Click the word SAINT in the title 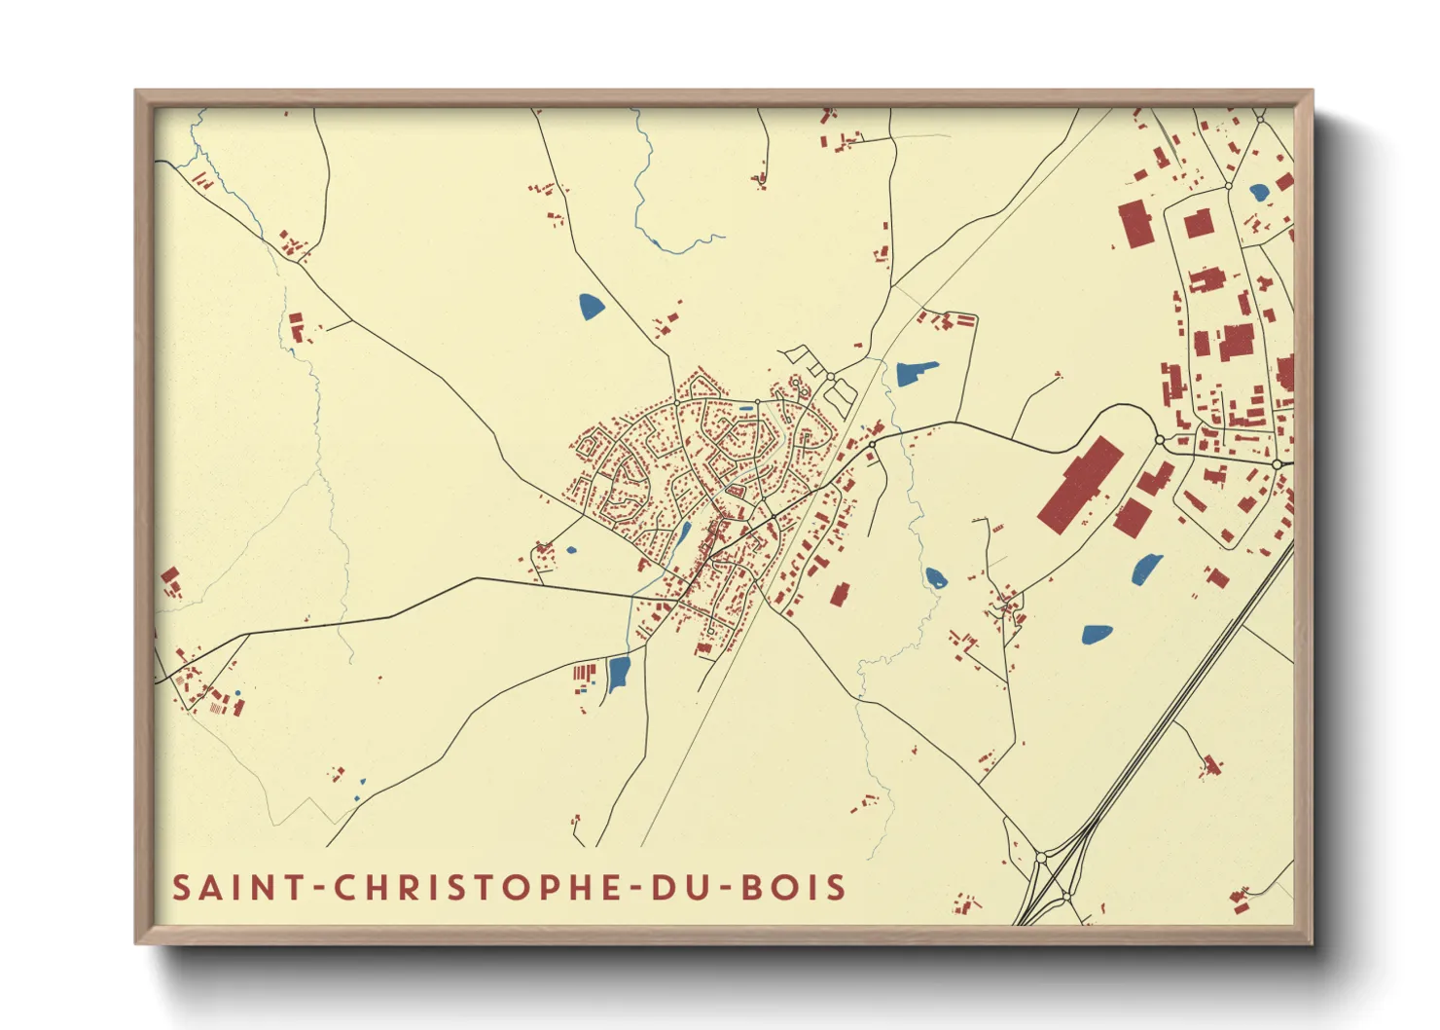pyautogui.click(x=230, y=888)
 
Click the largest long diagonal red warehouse pyautogui.click(x=1080, y=484)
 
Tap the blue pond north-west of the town pyautogui.click(x=591, y=308)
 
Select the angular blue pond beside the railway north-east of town pyautogui.click(x=915, y=372)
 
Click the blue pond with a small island pyautogui.click(x=936, y=578)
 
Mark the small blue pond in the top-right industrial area pyautogui.click(x=1259, y=192)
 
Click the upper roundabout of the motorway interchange pyautogui.click(x=1041, y=858)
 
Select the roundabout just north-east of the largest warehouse pyautogui.click(x=1159, y=440)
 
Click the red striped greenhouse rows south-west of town pyautogui.click(x=584, y=672)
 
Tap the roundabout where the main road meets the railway pyautogui.click(x=872, y=444)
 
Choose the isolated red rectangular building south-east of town pyautogui.click(x=840, y=594)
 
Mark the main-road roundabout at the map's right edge pyautogui.click(x=1278, y=464)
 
